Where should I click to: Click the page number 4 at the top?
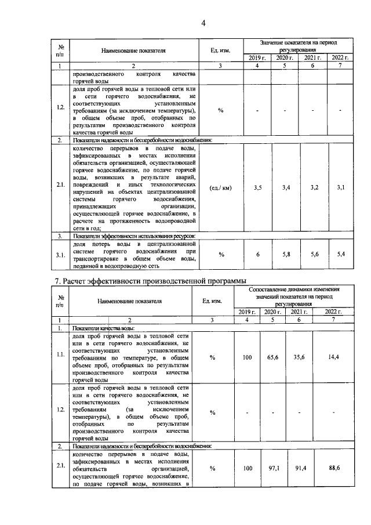tap(203, 23)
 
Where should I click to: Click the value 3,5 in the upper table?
tap(258, 188)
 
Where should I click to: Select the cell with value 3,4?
tap(286, 188)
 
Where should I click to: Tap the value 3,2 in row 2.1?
tap(314, 188)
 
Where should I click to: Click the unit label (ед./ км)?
tap(221, 188)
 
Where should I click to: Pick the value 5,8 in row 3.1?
tap(286, 255)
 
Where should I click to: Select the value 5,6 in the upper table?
tap(314, 255)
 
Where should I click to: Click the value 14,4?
tap(333, 358)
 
